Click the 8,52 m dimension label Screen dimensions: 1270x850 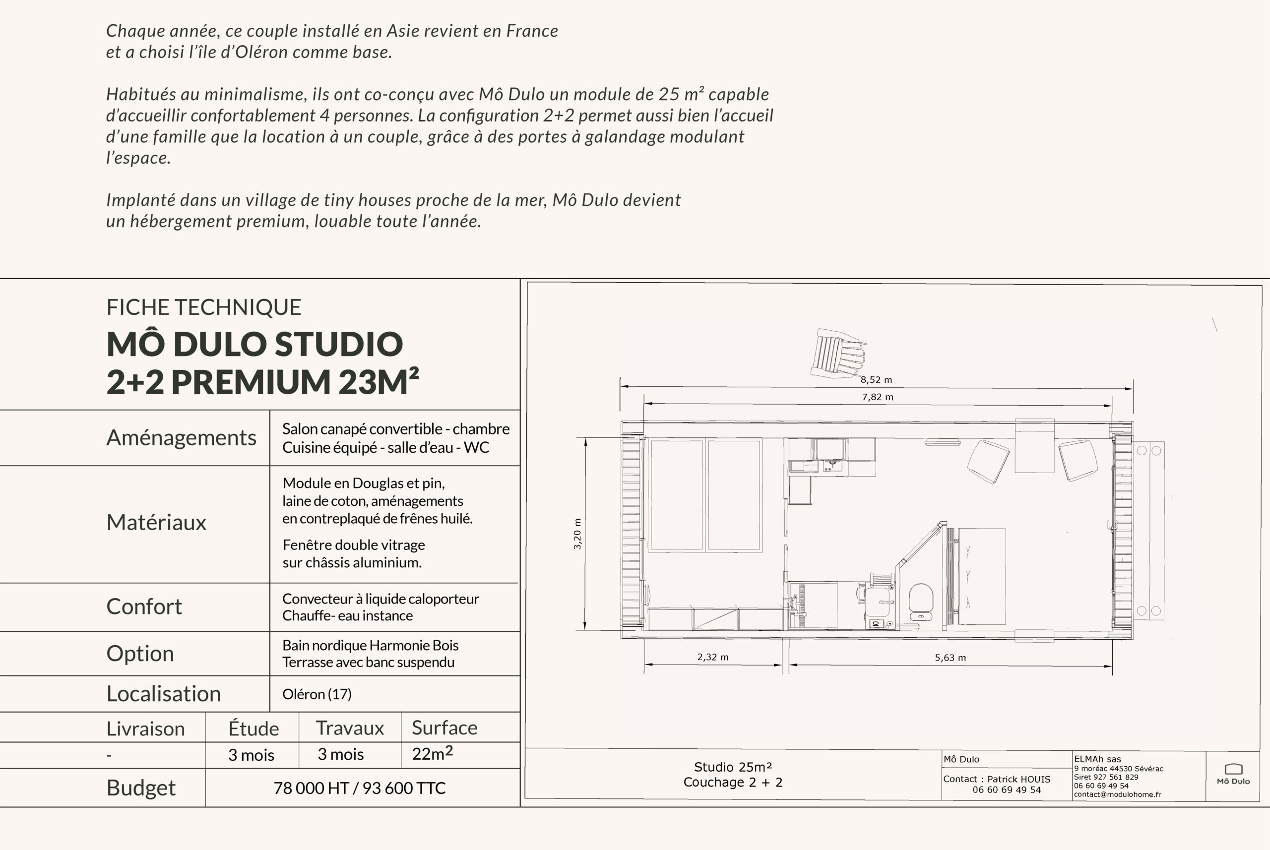[x=876, y=380]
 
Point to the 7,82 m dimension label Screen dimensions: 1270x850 [x=878, y=397]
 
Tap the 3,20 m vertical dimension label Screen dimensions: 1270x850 [x=577, y=534]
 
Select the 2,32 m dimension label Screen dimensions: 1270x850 [x=712, y=657]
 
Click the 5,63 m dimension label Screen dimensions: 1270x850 [x=950, y=658]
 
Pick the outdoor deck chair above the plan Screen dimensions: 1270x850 [x=838, y=353]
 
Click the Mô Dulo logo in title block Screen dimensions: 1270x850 [x=1233, y=774]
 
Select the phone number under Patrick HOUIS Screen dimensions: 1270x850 [x=1007, y=790]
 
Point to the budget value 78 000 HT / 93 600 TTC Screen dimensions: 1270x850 [x=360, y=788]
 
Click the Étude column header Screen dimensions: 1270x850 [x=253, y=728]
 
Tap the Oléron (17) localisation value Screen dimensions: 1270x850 [x=317, y=694]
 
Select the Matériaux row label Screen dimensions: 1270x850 [x=156, y=522]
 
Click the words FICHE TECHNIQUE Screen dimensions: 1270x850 [x=204, y=307]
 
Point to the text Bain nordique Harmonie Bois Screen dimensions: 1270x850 [x=371, y=645]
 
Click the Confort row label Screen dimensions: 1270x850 [x=144, y=606]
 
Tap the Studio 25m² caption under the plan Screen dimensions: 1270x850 [x=733, y=767]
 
